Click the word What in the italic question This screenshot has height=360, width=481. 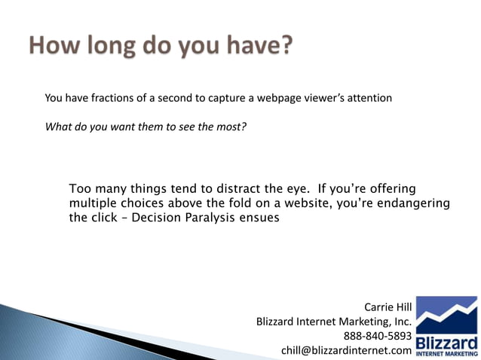tap(58, 127)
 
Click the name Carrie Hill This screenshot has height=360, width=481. tap(388, 307)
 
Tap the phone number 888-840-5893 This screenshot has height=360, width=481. tap(377, 336)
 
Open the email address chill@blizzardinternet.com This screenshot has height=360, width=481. tap(346, 350)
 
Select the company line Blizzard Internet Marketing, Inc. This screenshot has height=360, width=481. tap(333, 322)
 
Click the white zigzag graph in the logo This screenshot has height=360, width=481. tap(447, 310)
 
